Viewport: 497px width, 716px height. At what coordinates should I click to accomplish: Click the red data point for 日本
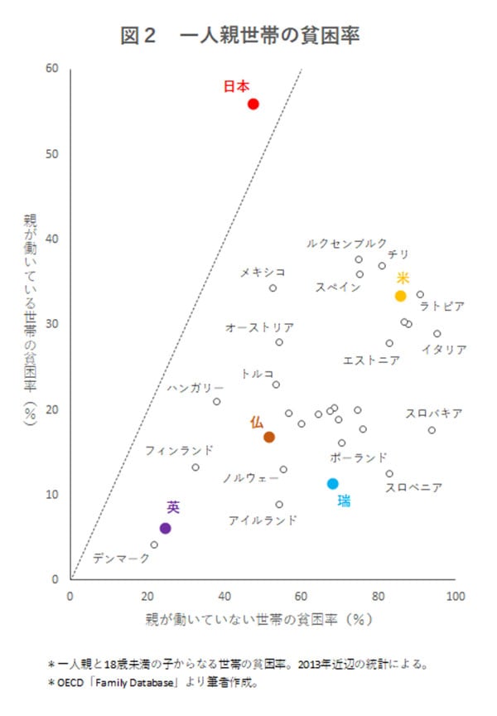(253, 104)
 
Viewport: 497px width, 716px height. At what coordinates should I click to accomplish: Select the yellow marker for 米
(401, 296)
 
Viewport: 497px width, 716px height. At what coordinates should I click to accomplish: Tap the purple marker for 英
(165, 528)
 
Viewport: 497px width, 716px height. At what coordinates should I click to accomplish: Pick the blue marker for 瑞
(333, 483)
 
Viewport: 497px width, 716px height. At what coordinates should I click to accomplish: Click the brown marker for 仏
(269, 437)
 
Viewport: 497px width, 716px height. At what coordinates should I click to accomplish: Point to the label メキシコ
(263, 272)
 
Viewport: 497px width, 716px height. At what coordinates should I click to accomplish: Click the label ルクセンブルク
(346, 244)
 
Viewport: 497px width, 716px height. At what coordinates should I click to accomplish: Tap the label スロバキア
(433, 413)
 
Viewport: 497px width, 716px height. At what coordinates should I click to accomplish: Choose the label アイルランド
(263, 520)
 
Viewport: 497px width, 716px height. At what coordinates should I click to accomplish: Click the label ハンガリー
(195, 387)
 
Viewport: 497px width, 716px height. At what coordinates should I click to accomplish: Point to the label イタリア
(443, 349)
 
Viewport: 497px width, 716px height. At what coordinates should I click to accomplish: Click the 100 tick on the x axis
(455, 595)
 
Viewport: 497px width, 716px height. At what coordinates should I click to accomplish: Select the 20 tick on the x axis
(148, 595)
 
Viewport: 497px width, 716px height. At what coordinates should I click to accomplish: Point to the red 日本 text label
(236, 86)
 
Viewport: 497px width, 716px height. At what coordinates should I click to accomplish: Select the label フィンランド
(179, 451)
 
